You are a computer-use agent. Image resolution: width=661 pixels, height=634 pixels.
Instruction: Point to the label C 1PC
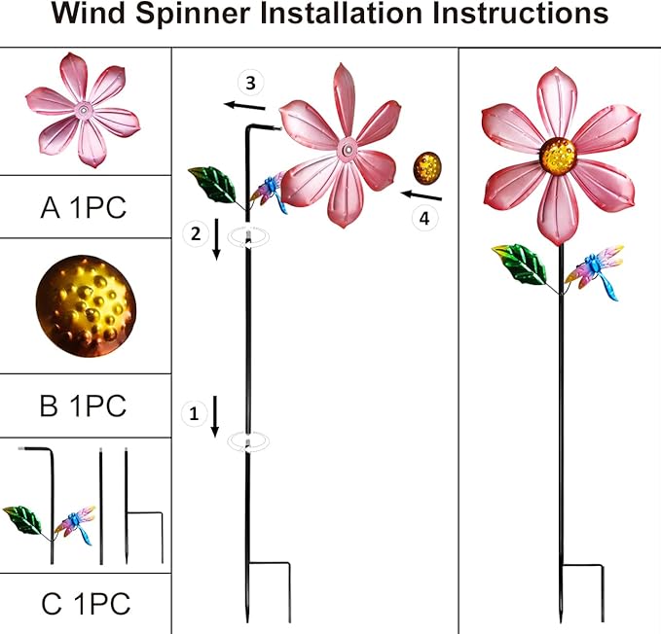[x=84, y=604]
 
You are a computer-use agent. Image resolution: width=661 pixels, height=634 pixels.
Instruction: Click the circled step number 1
[x=194, y=413]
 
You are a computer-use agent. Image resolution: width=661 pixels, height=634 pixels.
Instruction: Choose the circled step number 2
[x=195, y=232]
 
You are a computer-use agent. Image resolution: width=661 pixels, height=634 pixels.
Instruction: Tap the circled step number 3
[x=252, y=81]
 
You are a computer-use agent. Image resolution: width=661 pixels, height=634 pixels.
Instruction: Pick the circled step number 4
[x=423, y=219]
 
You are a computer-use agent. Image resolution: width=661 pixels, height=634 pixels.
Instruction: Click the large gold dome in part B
[x=86, y=306]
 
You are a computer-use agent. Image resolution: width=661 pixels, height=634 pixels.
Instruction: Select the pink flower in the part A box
[x=85, y=110]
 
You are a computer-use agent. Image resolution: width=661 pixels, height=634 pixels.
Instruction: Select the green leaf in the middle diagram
[x=213, y=184]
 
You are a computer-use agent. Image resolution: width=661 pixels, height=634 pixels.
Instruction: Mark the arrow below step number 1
[x=214, y=417]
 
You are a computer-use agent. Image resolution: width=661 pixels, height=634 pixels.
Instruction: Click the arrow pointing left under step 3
[x=243, y=104]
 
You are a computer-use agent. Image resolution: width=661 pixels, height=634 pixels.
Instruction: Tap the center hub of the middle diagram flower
[x=347, y=150]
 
